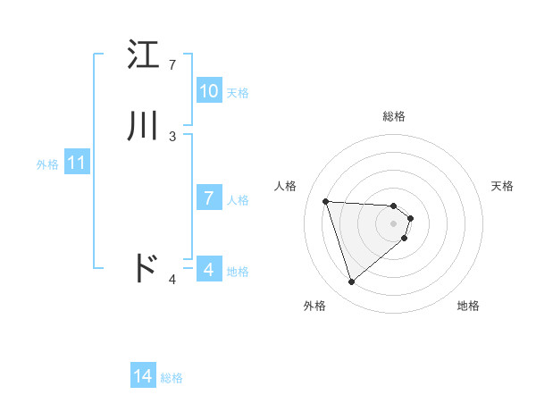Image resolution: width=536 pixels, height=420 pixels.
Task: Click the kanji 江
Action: tap(144, 55)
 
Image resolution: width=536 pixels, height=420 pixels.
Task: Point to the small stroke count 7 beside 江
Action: tap(172, 65)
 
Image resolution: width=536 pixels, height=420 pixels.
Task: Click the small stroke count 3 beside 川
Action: tap(172, 137)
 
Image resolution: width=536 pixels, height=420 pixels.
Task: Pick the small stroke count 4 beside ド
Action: tap(172, 280)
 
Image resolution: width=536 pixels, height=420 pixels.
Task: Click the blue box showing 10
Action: tap(209, 91)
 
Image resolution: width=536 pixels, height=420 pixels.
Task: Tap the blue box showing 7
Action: tap(209, 198)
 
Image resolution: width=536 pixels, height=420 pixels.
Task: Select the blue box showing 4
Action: tap(209, 270)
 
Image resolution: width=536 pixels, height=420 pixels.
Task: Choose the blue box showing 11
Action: tap(77, 164)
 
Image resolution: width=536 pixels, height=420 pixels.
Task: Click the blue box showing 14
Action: tap(143, 377)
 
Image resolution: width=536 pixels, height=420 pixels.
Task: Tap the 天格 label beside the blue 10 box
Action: tap(238, 92)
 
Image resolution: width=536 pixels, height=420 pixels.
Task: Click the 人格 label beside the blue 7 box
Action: tap(238, 199)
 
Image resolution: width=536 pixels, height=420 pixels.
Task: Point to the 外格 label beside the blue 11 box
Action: tap(47, 164)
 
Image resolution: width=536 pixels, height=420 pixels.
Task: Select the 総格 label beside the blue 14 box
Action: tap(172, 378)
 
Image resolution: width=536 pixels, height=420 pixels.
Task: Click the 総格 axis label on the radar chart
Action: tap(394, 116)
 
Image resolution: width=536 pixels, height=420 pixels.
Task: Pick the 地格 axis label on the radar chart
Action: tap(468, 306)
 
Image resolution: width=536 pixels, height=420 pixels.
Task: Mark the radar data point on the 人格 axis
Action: tap(326, 201)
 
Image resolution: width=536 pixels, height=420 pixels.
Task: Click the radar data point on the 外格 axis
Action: tap(352, 282)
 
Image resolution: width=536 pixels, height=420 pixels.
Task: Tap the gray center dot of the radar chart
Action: tap(394, 223)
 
